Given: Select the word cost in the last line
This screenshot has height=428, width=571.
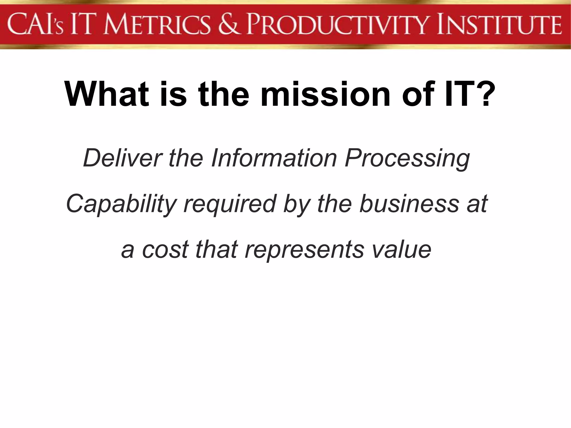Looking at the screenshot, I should pyautogui.click(x=166, y=249).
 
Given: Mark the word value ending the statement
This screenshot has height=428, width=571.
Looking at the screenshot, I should pyautogui.click(x=402, y=249).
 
